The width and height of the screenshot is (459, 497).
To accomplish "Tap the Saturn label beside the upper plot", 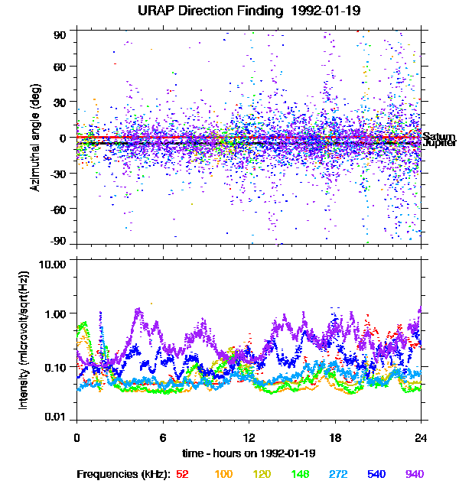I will [438, 136].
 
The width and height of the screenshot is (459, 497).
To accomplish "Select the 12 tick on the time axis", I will [249, 438].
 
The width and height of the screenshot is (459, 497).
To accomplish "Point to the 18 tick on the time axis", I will [334, 438].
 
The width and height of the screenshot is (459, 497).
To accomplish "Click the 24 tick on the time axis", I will [421, 438].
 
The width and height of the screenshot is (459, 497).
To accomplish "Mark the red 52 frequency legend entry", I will [182, 474].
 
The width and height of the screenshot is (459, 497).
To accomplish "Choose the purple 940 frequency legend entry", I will [414, 474].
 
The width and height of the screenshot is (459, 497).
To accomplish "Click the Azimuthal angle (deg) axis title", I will [35, 137].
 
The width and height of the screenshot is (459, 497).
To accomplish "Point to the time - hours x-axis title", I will [249, 453].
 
